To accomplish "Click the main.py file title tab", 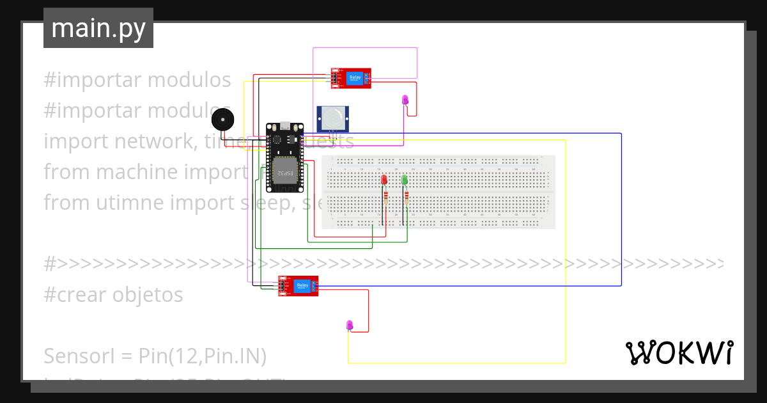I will pos(98,28).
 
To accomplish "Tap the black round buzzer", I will pos(222,120).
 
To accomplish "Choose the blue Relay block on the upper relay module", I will pos(355,79).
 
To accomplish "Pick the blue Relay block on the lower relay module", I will pos(302,286).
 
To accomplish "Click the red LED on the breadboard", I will pos(384,180).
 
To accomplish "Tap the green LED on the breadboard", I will pos(405,180).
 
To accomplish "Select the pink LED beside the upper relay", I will pos(405,99).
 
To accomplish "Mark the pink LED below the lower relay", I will pos(349,325).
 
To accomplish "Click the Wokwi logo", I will pos(679,352).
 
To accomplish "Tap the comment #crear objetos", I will pos(114,295).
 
